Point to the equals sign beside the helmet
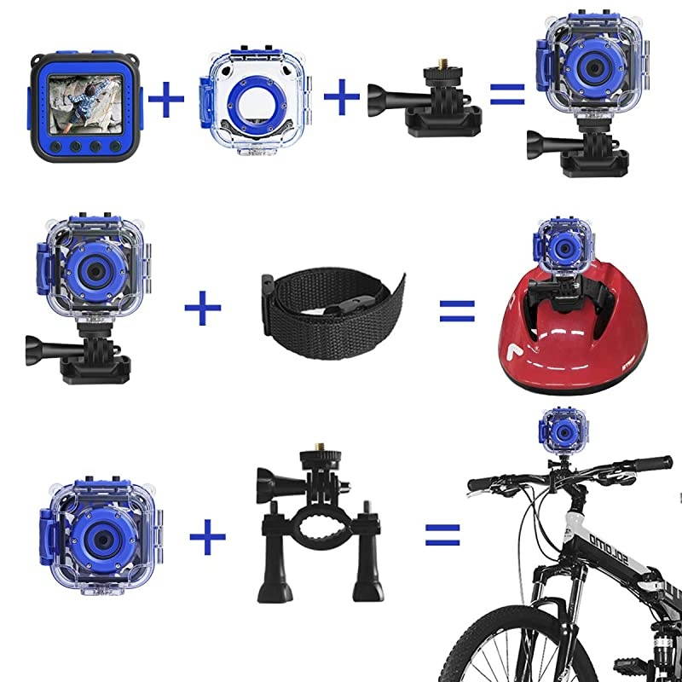456,309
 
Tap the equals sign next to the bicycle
442,535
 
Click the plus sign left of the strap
202,308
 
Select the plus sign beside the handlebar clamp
207,536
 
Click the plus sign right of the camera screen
166,101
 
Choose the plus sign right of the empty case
342,98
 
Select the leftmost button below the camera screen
56,146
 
